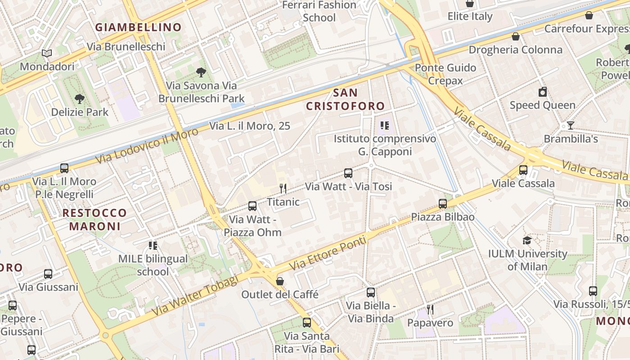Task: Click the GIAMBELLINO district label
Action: coord(138,27)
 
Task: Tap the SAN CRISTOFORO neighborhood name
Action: coord(346,99)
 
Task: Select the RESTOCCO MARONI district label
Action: coord(94,219)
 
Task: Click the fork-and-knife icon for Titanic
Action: coord(283,188)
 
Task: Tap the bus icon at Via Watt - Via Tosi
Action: coord(348,173)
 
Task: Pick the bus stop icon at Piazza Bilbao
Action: coord(443,203)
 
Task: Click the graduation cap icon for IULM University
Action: coord(527,240)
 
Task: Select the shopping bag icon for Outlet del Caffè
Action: coord(280,281)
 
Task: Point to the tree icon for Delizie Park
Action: coord(80,99)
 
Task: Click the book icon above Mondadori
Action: coord(47,53)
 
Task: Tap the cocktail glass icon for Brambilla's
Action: coord(571,126)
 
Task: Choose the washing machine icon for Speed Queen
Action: coord(543,92)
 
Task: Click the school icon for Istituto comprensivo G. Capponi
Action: coord(385,125)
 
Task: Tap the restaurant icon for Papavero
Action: coord(430,310)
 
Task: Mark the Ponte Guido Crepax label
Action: coord(445,74)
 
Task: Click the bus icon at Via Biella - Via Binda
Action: coord(370,292)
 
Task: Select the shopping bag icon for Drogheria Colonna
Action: coord(516,36)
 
